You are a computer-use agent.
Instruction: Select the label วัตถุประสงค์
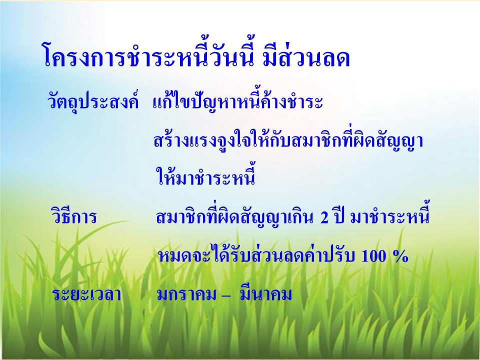[93, 100]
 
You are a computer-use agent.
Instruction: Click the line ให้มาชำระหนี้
[205, 175]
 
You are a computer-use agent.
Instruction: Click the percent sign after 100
[400, 256]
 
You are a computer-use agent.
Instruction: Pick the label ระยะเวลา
[86, 294]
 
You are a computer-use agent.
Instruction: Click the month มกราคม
[187, 294]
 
